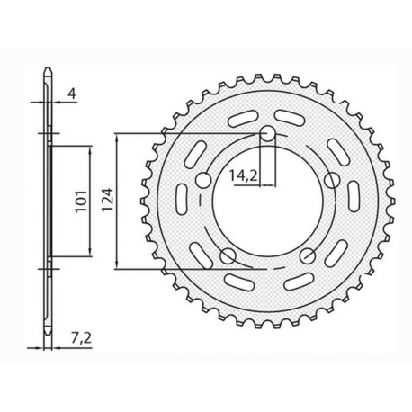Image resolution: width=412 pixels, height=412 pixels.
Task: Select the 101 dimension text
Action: (x=78, y=198)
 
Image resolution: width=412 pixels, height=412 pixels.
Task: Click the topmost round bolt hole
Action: (x=267, y=135)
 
